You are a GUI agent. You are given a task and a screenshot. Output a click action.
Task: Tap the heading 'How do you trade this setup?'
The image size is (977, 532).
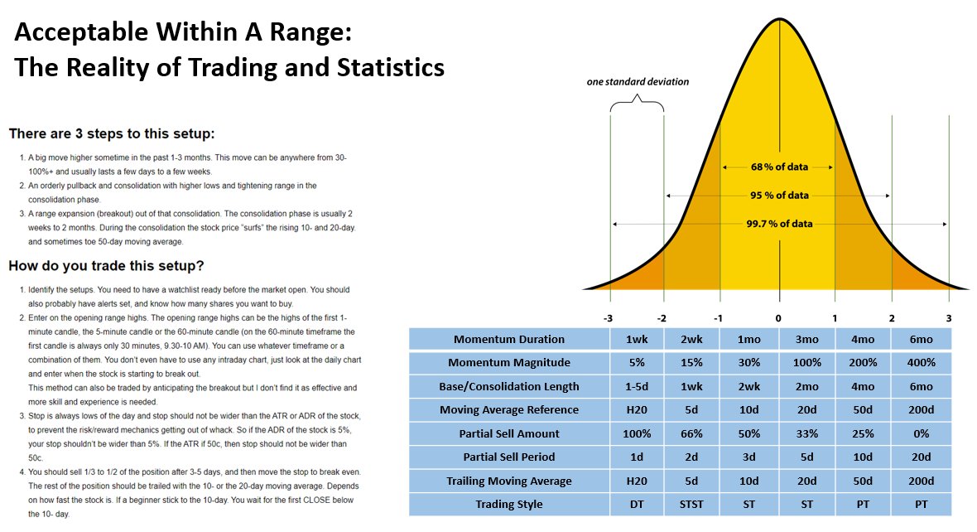click(x=106, y=266)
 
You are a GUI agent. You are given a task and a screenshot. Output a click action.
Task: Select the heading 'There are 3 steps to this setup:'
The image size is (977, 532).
click(x=113, y=133)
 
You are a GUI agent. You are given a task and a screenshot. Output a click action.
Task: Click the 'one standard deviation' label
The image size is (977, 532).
click(x=638, y=82)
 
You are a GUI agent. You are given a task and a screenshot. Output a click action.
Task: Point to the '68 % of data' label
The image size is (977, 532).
click(x=779, y=167)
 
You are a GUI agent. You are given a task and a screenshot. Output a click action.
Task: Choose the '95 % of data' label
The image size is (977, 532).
click(x=779, y=196)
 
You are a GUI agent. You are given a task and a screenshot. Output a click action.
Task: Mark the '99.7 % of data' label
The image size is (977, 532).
click(x=779, y=224)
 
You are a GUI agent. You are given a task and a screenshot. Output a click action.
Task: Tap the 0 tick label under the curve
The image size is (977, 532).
click(x=778, y=317)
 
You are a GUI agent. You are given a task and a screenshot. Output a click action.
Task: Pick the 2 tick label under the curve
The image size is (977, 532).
click(x=892, y=317)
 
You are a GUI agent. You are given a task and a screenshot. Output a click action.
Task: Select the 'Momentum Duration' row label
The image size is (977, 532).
click(x=509, y=339)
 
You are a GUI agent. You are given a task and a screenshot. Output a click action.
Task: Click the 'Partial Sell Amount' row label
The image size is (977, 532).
click(x=509, y=433)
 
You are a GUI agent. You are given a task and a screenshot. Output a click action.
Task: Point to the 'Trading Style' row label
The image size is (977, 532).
click(x=509, y=504)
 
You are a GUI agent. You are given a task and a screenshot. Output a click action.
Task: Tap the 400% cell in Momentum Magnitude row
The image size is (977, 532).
click(x=921, y=363)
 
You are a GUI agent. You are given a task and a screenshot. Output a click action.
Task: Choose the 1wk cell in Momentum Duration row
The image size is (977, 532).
click(x=638, y=339)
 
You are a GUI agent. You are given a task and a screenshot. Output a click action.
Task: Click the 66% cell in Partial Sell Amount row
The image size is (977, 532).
click(x=694, y=433)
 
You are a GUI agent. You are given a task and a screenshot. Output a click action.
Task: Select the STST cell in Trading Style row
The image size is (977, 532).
click(x=694, y=504)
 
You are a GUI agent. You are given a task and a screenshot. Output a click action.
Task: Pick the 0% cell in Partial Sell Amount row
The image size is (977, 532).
click(x=921, y=433)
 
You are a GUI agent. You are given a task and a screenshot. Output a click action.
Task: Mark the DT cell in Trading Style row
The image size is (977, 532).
click(x=638, y=504)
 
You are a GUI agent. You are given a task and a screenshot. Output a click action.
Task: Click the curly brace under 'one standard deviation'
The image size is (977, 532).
click(x=638, y=106)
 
